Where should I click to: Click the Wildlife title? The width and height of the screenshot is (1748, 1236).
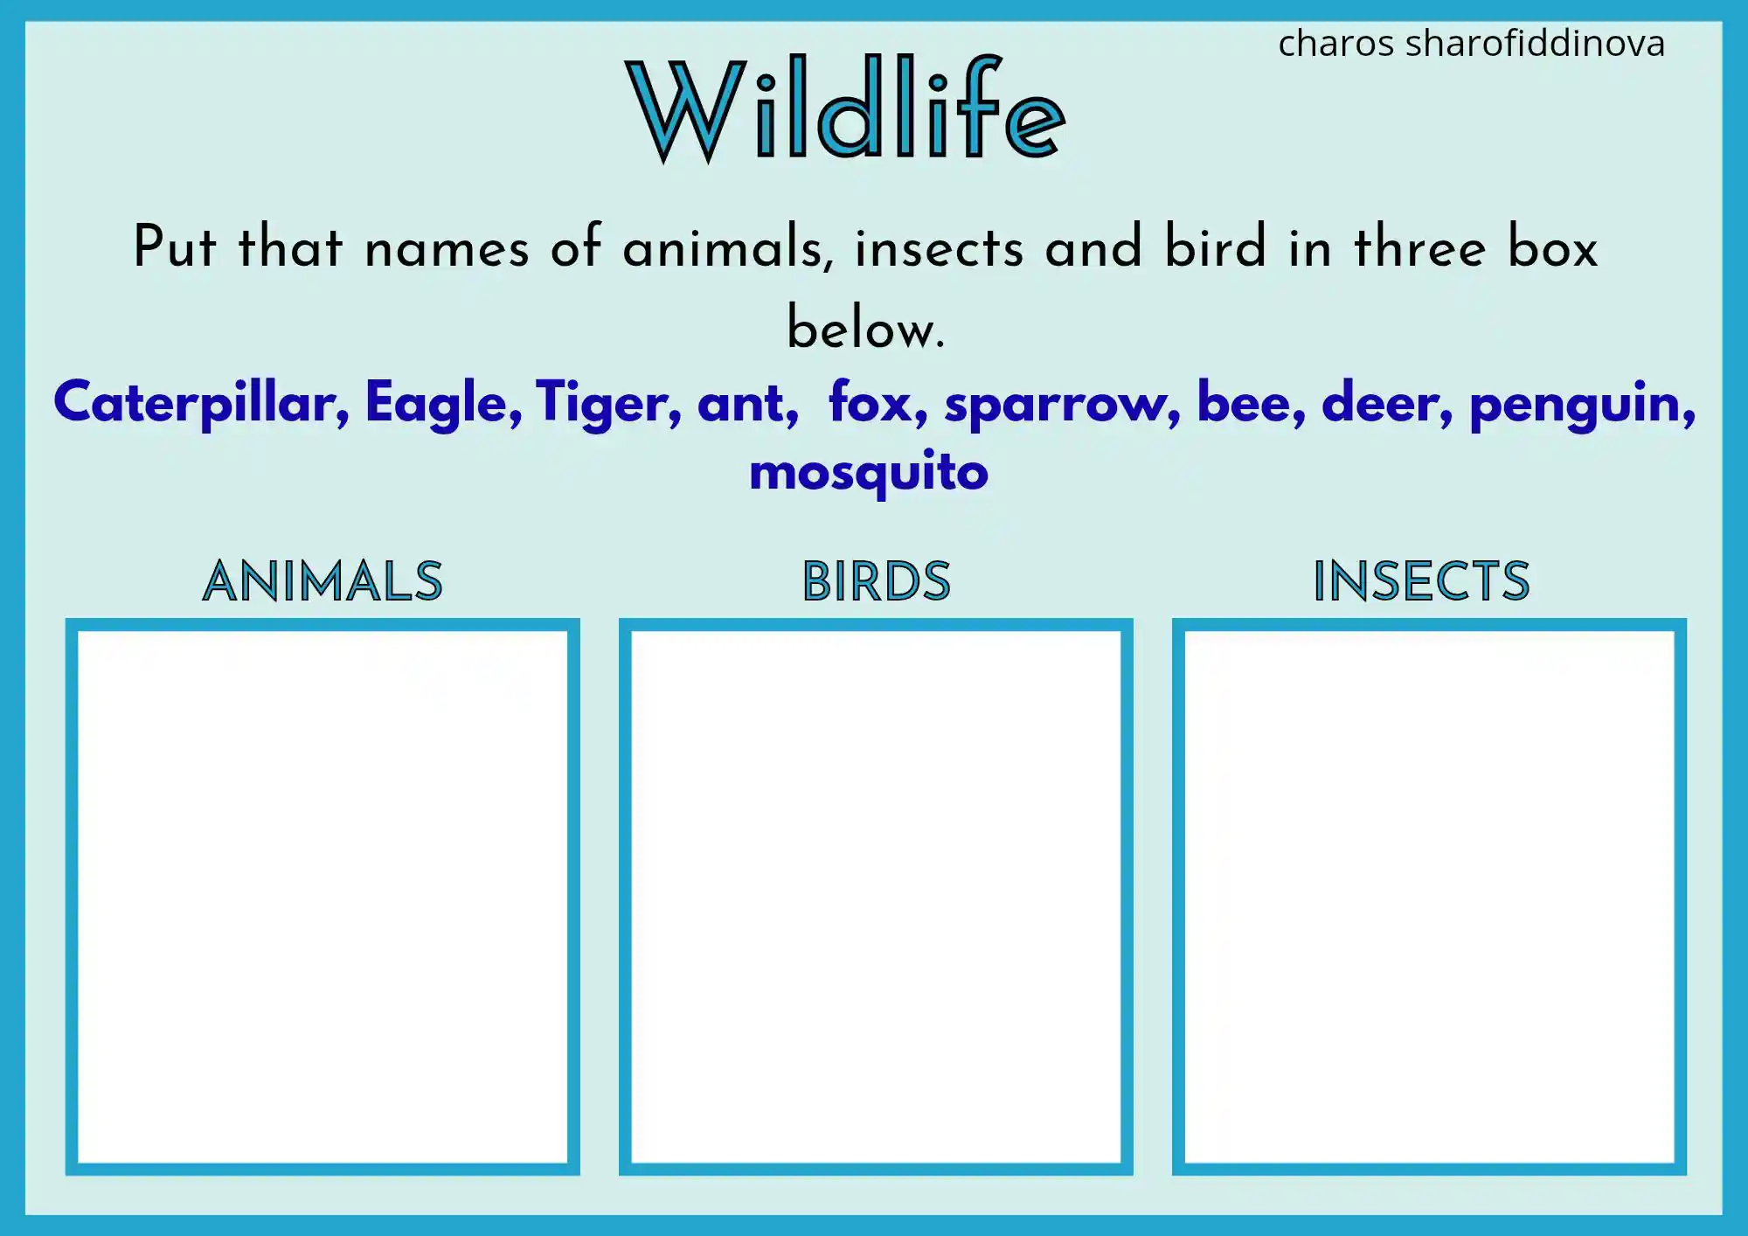[845, 109]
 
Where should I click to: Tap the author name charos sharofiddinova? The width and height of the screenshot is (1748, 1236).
[1471, 44]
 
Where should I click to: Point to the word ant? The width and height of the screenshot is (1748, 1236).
[746, 404]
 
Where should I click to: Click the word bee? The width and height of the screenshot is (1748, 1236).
[1248, 404]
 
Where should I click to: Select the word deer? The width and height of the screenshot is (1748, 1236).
[1385, 404]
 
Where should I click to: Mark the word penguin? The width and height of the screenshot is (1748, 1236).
[1580, 404]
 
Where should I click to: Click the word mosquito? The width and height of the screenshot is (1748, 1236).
[869, 472]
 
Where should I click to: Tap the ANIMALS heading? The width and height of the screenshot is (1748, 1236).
[323, 581]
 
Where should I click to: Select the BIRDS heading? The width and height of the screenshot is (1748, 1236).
[876, 581]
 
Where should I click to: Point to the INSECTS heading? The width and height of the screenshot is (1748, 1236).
[1421, 581]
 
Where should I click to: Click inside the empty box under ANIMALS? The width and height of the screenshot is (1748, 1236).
[323, 896]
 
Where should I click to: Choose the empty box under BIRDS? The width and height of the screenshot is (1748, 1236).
[876, 896]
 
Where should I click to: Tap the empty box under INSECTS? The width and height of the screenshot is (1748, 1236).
[1429, 896]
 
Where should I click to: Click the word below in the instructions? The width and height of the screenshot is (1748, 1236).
[864, 329]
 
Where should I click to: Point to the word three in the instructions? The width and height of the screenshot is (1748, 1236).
[1419, 247]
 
